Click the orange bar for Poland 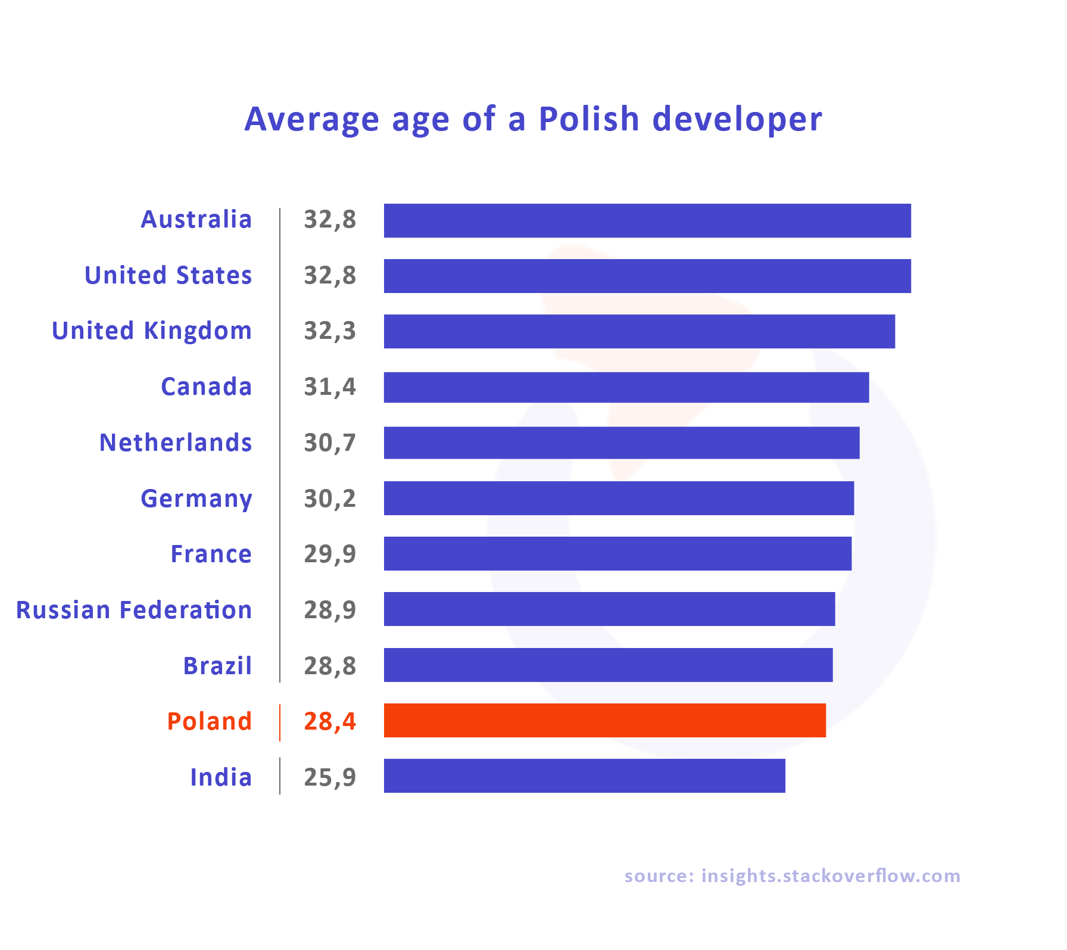coord(604,720)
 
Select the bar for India coord(584,775)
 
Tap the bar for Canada coord(626,387)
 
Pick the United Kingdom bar coord(639,331)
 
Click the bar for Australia coord(647,220)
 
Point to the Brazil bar coord(608,665)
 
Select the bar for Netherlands coord(621,443)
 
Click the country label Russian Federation coord(134,610)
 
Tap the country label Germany coord(196,499)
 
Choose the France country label coord(211,554)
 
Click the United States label coord(169,275)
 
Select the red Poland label coord(210,721)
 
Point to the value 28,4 coord(330,721)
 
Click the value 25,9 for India coord(330,777)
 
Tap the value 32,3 coord(330,331)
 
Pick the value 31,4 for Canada coord(330,387)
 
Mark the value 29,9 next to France coord(330,554)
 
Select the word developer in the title coord(737,120)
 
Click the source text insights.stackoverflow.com coord(830,876)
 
